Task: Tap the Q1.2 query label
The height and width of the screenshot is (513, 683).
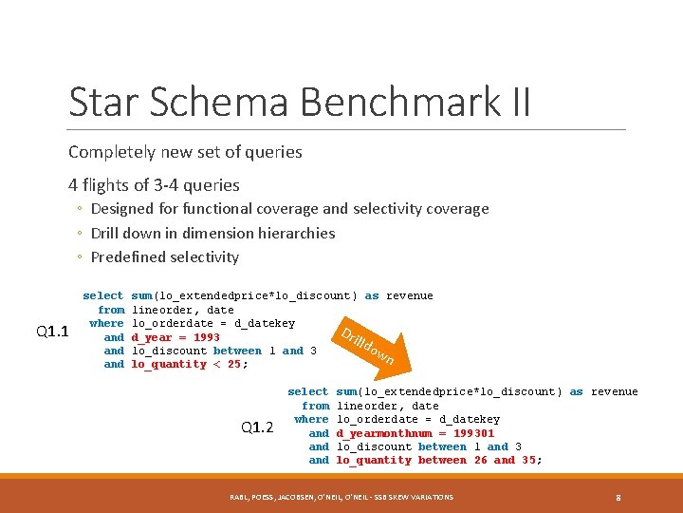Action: [x=257, y=427]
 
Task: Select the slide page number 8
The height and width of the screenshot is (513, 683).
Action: [x=618, y=497]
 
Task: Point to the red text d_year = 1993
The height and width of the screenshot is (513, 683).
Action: [x=175, y=337]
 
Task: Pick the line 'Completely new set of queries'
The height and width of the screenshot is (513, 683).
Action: [x=185, y=152]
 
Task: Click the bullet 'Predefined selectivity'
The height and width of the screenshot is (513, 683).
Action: [x=165, y=257]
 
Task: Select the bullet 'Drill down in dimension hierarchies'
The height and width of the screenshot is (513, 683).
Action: [x=212, y=233]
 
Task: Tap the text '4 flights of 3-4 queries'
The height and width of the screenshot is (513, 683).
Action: [x=154, y=185]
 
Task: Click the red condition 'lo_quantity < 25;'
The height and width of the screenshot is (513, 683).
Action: [x=188, y=364]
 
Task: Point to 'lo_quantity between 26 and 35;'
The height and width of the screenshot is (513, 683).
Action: [x=439, y=460]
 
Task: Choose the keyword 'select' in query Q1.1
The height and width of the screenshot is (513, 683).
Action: [x=103, y=295]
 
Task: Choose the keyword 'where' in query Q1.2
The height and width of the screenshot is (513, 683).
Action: [x=311, y=419]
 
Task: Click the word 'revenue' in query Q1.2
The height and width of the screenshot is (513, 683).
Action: [x=614, y=391]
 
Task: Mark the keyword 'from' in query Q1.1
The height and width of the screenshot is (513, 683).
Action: [x=111, y=310]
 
